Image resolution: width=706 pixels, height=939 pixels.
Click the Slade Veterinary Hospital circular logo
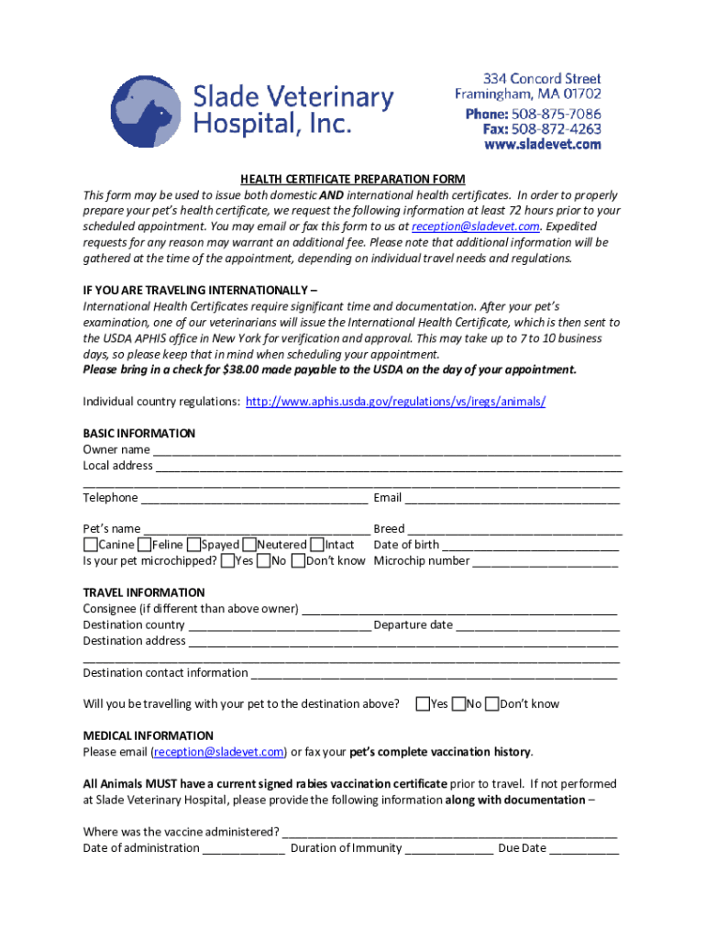pos(146,111)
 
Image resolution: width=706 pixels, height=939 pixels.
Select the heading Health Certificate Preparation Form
pos(353,179)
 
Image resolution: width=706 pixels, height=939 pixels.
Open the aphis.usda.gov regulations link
pos(396,402)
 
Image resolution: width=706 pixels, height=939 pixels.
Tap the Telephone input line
pos(254,498)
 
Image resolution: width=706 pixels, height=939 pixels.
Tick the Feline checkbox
pos(145,546)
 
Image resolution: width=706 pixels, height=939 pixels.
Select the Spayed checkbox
pos(193,546)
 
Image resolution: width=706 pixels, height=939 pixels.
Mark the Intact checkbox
pos(317,546)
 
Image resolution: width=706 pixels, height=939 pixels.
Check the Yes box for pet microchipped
pos(227,561)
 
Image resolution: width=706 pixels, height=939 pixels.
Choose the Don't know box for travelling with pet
pos(492,704)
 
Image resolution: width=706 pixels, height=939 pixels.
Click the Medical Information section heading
pos(149,735)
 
